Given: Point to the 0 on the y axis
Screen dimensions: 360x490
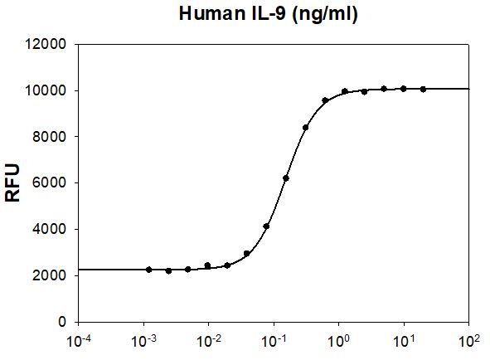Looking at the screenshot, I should tap(63, 321).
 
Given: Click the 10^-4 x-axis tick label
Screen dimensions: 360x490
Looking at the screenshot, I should tap(79, 339).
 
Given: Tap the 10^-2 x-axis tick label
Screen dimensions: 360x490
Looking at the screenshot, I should tap(209, 339).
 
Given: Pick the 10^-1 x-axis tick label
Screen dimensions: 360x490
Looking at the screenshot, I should tap(274, 339).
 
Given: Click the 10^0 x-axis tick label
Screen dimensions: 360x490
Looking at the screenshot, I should tap(339, 339).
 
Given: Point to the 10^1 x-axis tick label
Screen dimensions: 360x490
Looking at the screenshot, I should tap(404, 339).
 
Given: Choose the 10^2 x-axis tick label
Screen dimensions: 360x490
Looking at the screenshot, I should tap(469, 339).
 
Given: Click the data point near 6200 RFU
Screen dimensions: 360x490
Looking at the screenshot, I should tap(286, 178).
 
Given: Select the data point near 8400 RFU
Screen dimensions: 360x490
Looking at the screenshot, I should tap(306, 128).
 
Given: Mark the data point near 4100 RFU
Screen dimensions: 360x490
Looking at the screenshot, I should tap(266, 226).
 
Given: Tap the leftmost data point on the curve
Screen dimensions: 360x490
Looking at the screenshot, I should tap(148, 270).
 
